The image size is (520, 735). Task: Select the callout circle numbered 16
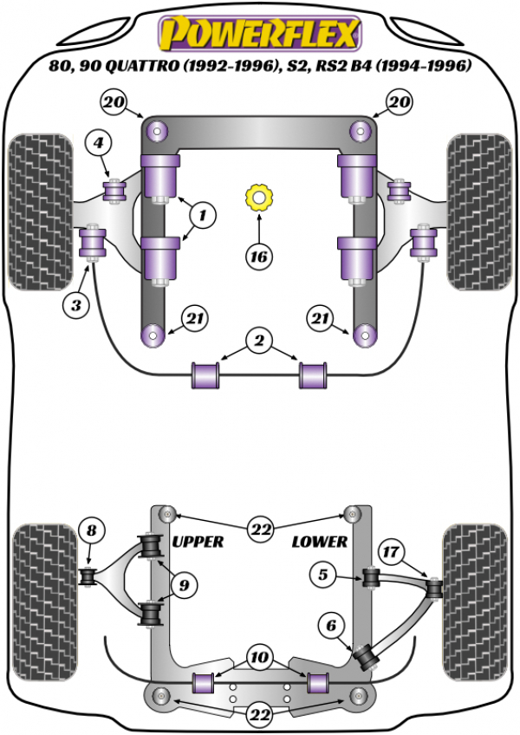258,257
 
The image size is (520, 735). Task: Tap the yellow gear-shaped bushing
258,198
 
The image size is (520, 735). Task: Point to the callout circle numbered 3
75,304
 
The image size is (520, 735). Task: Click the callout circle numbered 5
322,574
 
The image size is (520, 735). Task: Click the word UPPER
198,542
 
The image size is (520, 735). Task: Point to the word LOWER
320,542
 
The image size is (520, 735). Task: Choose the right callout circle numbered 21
319,321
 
